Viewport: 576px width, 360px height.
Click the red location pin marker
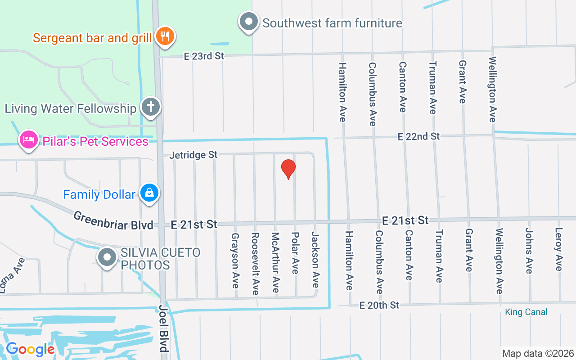pyautogui.click(x=288, y=169)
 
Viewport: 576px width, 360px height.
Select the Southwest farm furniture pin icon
pyautogui.click(x=248, y=22)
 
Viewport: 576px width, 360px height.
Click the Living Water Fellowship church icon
pyautogui.click(x=151, y=107)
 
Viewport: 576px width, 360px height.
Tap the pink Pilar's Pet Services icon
pyautogui.click(x=28, y=139)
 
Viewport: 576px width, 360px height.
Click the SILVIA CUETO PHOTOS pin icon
pyautogui.click(x=107, y=257)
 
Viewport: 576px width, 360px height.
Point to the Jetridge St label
pyautogui.click(x=193, y=155)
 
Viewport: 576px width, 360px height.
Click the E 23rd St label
pyautogui.click(x=204, y=56)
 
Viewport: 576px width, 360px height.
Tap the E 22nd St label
pyautogui.click(x=418, y=136)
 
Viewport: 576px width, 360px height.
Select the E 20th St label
pyautogui.click(x=379, y=306)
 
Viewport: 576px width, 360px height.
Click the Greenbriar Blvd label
pyautogui.click(x=113, y=220)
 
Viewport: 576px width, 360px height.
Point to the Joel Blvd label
pyautogui.click(x=163, y=329)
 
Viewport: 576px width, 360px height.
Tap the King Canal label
pyautogui.click(x=526, y=312)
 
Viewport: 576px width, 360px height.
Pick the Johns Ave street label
pyautogui.click(x=529, y=251)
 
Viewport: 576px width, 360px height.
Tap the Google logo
pyautogui.click(x=30, y=349)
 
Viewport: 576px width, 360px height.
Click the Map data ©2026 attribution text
pyautogui.click(x=538, y=353)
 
